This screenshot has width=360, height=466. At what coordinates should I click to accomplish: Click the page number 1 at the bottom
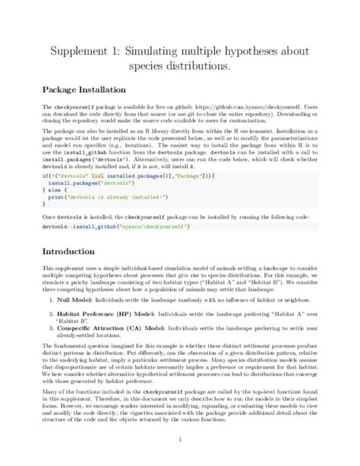point(179,439)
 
